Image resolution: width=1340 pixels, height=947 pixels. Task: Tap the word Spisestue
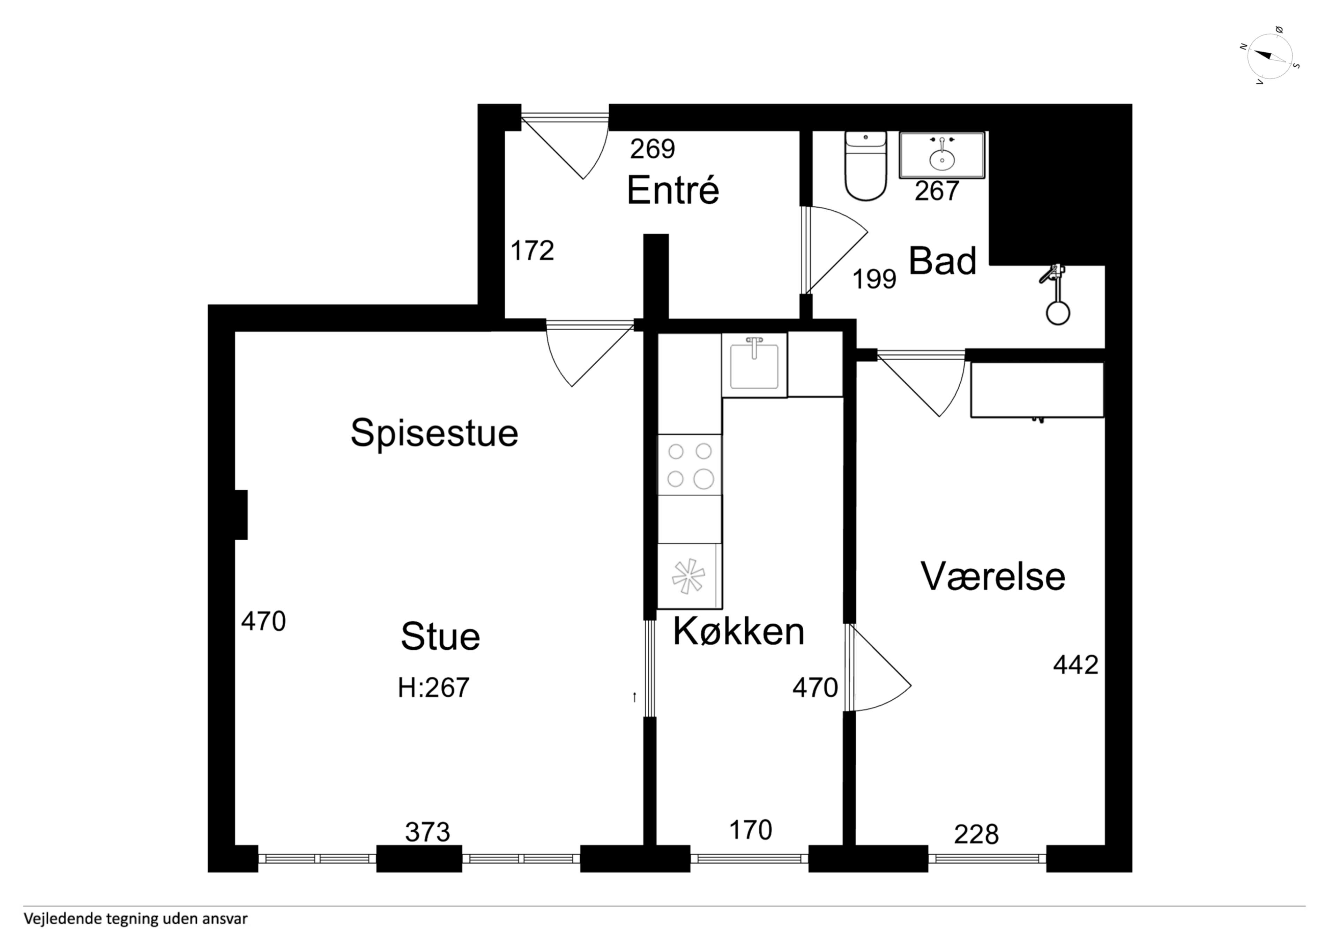point(434,433)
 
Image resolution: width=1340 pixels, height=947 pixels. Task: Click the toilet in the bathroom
point(865,166)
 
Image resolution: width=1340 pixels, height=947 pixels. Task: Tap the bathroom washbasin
point(942,155)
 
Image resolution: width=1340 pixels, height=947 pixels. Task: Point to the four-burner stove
point(690,465)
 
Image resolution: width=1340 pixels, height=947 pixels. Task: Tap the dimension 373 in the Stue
point(428,833)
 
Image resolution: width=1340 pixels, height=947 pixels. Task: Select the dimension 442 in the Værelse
point(1075,664)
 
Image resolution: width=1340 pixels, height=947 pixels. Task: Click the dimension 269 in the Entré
point(653,149)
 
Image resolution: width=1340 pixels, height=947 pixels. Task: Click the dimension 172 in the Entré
point(532,251)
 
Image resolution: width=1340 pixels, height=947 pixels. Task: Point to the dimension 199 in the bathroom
point(874,279)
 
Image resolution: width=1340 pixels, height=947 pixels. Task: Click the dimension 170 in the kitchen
point(751,830)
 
